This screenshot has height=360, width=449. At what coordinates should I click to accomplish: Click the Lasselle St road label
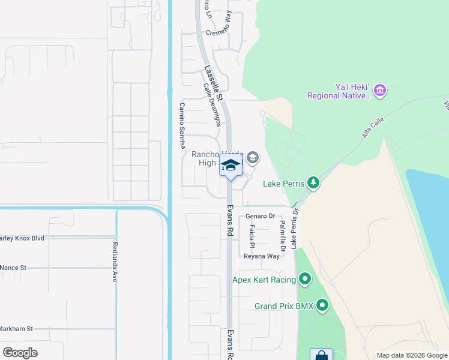coord(212,83)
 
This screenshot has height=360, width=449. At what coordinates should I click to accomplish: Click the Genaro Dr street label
coord(259,216)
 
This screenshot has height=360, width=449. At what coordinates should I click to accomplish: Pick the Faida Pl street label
coord(252,237)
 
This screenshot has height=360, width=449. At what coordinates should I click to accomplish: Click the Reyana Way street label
coord(261,256)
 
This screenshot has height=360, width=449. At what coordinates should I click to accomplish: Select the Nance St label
coord(13,268)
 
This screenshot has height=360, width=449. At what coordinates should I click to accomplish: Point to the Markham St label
coord(16,329)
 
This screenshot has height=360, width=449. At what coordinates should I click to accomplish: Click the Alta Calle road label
coord(373,128)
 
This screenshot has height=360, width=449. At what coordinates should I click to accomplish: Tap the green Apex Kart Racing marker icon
coord(306,279)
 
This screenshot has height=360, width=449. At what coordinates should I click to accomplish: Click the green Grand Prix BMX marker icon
coord(323,306)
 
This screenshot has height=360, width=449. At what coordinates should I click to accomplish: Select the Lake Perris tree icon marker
coord(312,182)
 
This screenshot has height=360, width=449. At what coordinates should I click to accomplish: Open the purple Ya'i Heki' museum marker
coord(379,91)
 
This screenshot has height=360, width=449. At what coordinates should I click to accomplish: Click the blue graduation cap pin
coord(231,166)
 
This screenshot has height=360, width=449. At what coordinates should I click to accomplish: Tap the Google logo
coord(20,352)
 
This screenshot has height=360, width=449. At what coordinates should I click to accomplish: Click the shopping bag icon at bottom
coord(321,355)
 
